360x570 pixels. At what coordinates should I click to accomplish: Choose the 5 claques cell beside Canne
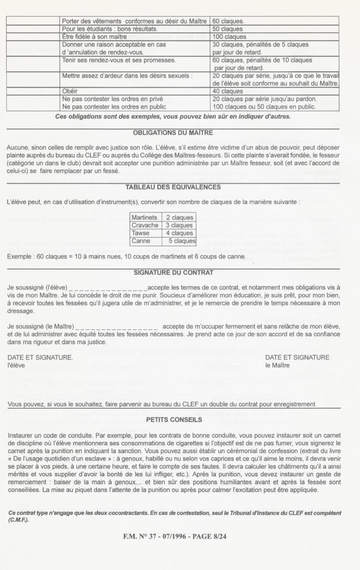pos(181,241)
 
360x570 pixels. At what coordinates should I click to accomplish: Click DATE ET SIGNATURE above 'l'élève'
pos(40,357)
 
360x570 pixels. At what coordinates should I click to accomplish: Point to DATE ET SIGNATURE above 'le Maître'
pos(297,357)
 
